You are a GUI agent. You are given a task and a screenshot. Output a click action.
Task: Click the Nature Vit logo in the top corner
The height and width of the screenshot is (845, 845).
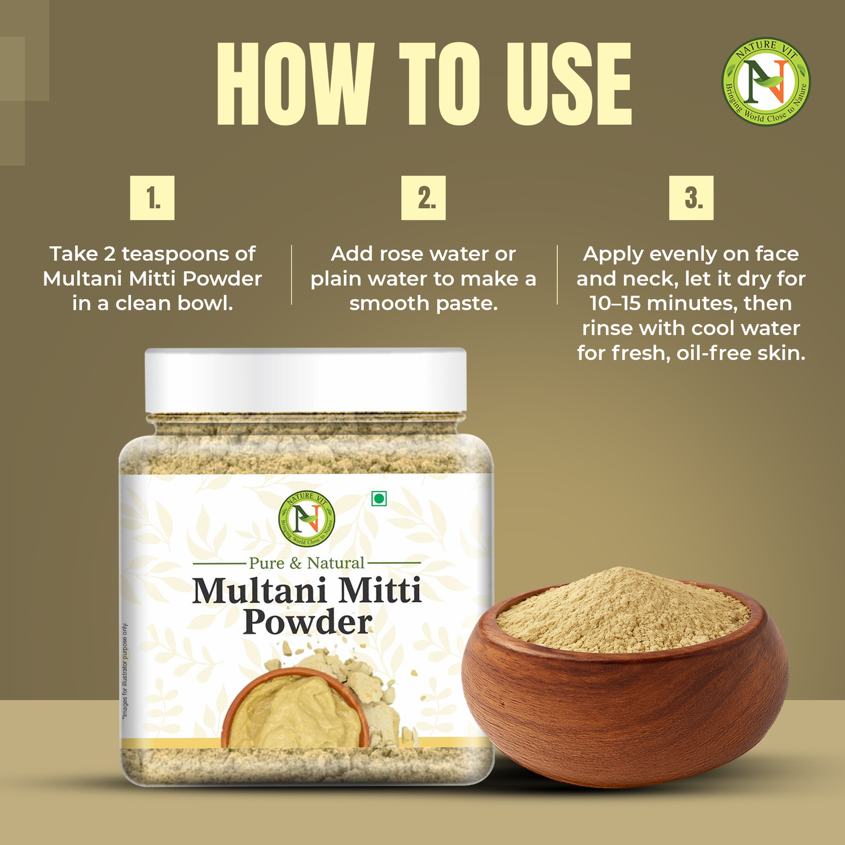(x=766, y=82)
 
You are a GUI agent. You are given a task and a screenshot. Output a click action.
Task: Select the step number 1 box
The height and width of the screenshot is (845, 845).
(x=152, y=198)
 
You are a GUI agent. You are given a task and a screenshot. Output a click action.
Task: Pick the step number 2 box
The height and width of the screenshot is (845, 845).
(x=423, y=198)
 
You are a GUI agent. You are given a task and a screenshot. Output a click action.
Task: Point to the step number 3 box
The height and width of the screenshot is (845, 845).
(x=691, y=198)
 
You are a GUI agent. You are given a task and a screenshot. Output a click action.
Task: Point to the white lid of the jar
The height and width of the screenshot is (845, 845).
(x=305, y=380)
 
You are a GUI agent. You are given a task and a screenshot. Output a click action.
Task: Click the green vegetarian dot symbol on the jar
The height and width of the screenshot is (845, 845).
(x=379, y=498)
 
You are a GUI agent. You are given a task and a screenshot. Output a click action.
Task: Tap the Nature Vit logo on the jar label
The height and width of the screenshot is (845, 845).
(x=306, y=517)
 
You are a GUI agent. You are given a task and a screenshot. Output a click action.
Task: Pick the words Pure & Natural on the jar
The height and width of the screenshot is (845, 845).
(x=306, y=563)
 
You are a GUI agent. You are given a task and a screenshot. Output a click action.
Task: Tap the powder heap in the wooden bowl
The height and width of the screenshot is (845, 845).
(x=623, y=611)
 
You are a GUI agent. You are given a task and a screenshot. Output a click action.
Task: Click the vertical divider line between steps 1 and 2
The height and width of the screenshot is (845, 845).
(x=291, y=275)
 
